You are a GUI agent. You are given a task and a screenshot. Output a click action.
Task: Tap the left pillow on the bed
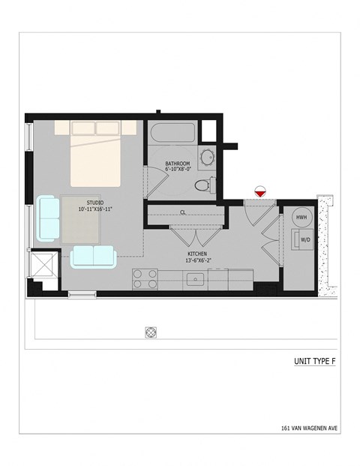pyautogui.click(x=84, y=128)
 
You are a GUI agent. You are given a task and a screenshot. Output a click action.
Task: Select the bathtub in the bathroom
pyautogui.click(x=172, y=136)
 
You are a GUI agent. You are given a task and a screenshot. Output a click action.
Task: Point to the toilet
pyautogui.click(x=203, y=185)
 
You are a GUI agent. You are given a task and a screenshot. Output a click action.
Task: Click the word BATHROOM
pyautogui.click(x=178, y=163)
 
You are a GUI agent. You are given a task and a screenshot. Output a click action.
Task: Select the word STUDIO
pyautogui.click(x=94, y=202)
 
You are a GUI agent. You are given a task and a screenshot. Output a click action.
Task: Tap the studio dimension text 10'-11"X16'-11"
pyautogui.click(x=95, y=209)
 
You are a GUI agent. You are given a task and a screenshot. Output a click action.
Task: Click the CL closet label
pyautogui.click(x=182, y=212)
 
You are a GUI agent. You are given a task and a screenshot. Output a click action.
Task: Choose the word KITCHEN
pyautogui.click(x=197, y=254)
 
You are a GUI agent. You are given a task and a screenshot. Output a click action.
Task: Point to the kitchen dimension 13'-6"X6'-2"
pyautogui.click(x=198, y=260)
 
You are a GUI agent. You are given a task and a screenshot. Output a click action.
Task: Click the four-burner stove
pyautogui.click(x=145, y=279)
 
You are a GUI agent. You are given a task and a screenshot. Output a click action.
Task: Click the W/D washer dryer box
pyautogui.click(x=305, y=240)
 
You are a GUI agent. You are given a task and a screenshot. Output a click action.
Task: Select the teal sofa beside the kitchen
pyautogui.click(x=93, y=256)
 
